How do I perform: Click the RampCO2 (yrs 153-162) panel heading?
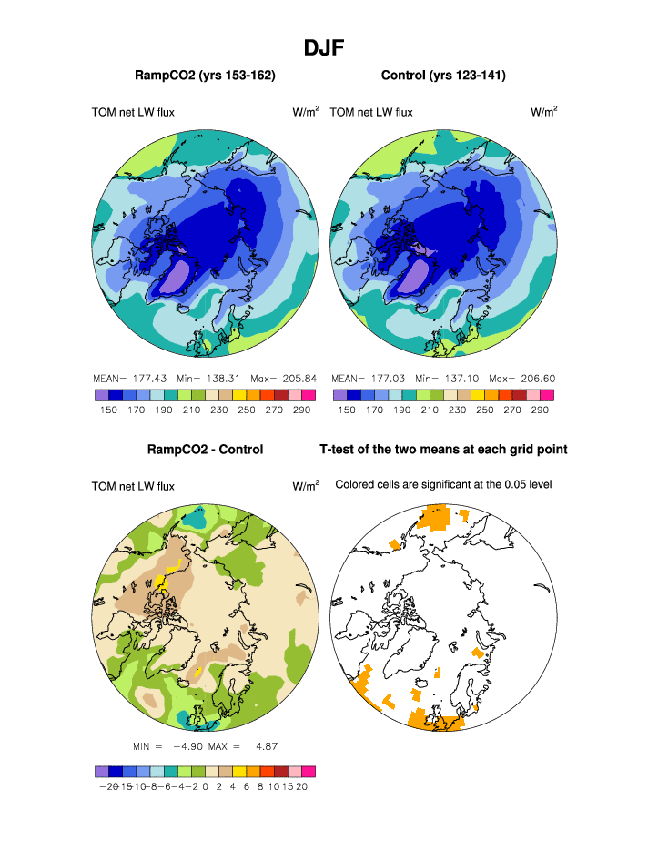point(205,75)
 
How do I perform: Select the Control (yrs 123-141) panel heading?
point(443,75)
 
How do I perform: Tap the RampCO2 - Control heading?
point(205,450)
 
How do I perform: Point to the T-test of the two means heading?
point(443,450)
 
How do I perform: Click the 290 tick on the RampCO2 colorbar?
point(301,410)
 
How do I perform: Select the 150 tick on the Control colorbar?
point(347,410)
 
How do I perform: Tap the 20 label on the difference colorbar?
point(302,787)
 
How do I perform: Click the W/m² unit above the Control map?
point(543,112)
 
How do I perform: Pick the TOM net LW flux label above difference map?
point(133,487)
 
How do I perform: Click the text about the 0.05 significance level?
point(443,484)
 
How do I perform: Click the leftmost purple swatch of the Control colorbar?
point(340,395)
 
